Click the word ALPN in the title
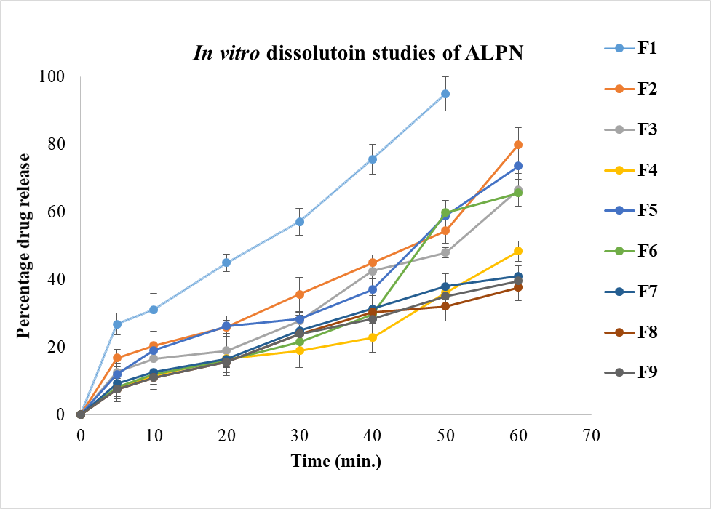[x=497, y=55]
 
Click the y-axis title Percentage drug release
[x=24, y=246]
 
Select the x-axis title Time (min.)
[x=336, y=461]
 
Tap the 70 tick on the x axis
[x=591, y=436]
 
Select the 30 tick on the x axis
[x=299, y=436]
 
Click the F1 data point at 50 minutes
[x=445, y=94]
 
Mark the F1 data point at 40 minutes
[x=373, y=159]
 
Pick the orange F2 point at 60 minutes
[x=518, y=145]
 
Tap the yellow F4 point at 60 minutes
[x=518, y=251]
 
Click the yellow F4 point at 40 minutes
[x=373, y=337]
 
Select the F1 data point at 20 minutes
[x=226, y=262]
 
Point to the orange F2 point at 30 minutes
[x=299, y=294]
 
